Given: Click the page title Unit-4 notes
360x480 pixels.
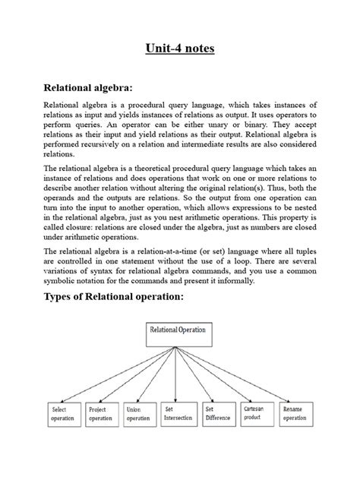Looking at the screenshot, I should click(x=180, y=51).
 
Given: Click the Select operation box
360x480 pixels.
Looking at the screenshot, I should click(x=65, y=413).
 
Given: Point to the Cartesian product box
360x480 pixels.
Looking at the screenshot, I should click(x=257, y=413).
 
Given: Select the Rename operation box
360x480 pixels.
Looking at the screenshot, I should click(x=297, y=413).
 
